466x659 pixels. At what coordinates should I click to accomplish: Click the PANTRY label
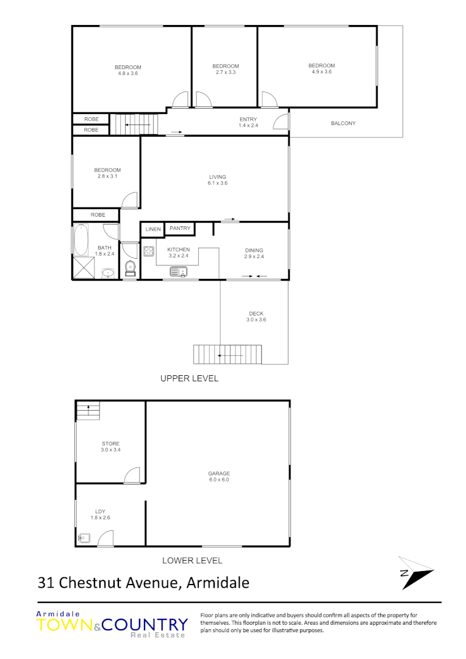[x=180, y=228]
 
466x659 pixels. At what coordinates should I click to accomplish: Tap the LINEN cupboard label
[x=153, y=229]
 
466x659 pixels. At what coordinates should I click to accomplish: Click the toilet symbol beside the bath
[x=130, y=267]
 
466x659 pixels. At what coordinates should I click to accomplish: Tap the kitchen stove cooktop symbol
[x=148, y=250]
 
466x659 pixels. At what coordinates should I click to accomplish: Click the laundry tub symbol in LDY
[x=85, y=538]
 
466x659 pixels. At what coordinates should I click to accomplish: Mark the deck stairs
[x=227, y=354]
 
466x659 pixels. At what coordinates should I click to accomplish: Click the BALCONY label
[x=343, y=123]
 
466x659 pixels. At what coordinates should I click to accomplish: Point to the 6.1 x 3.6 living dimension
[x=218, y=183]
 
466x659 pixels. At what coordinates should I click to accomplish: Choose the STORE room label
[x=111, y=444]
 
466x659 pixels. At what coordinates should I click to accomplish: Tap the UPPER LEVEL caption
[x=189, y=378]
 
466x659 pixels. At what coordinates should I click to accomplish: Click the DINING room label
[x=254, y=250]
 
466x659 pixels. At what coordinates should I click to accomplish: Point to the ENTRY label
[x=248, y=119]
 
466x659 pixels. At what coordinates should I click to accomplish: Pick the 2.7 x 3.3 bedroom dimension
[x=226, y=72]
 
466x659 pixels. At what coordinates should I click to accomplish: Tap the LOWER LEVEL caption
[x=192, y=560]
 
